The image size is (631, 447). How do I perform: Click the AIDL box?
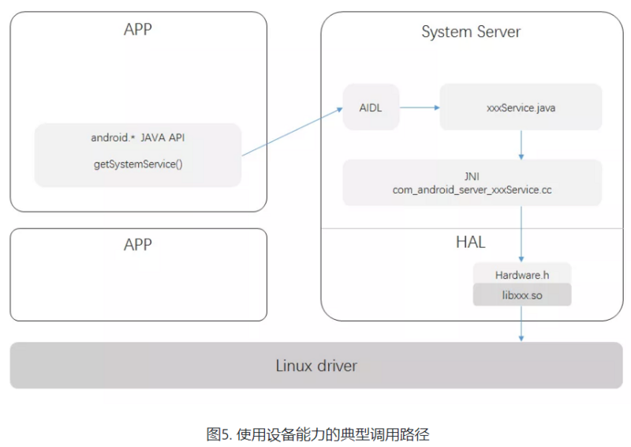371,107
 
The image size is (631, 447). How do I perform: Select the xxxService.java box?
521,107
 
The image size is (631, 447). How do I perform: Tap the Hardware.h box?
521,275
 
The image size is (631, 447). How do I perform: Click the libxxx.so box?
521,295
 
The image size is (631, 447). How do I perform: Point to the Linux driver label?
315,366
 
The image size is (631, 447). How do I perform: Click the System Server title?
471,32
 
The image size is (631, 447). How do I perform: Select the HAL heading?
470,242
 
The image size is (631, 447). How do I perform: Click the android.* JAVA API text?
138,137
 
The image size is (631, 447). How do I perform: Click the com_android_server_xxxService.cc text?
472,190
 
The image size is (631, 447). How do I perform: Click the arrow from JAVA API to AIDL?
292,132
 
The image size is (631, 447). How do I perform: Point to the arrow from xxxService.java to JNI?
521,145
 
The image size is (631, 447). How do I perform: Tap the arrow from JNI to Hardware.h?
521,233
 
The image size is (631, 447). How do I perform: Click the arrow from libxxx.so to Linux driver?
521,324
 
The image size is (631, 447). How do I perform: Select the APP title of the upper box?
138,29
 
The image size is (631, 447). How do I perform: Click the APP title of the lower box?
138,244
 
